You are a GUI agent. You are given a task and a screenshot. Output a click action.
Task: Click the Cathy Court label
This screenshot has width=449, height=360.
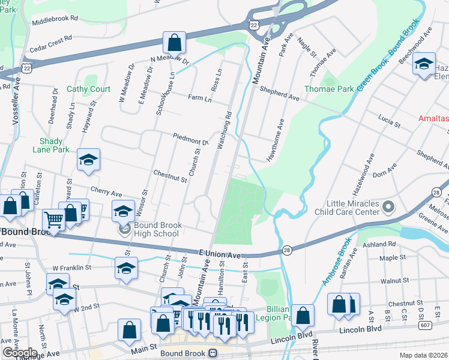coord(88,89)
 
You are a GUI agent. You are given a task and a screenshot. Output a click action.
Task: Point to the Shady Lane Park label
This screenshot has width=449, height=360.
coord(51,145)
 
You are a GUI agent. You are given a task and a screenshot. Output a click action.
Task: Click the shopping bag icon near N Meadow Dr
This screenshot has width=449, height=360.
coord(174,43)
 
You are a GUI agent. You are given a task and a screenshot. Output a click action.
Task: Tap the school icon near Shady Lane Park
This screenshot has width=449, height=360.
coord(88,160)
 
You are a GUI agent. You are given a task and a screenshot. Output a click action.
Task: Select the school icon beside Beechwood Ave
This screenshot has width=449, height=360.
coord(424,64)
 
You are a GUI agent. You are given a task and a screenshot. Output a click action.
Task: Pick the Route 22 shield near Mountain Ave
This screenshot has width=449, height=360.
coord(254,24)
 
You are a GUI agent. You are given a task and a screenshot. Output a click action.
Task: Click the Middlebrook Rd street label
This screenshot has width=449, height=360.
coord(55,19)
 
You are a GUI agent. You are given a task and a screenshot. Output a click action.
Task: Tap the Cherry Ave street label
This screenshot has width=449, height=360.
coord(106,191)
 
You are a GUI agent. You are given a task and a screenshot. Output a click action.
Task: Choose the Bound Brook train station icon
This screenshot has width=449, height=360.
coord(212,353)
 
